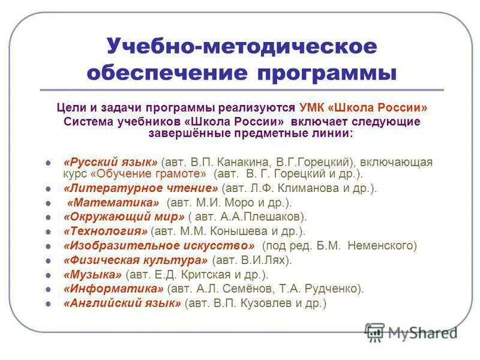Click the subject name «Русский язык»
110,163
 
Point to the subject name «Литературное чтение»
141,188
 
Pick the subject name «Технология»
105,231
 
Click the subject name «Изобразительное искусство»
160,245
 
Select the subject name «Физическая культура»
136,260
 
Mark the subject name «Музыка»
92,274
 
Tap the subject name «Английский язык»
122,303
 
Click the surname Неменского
380,245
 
